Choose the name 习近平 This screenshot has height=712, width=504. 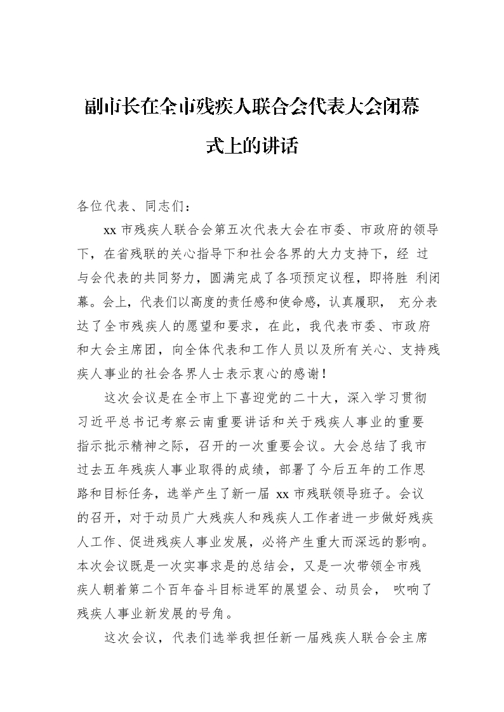point(98,422)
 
